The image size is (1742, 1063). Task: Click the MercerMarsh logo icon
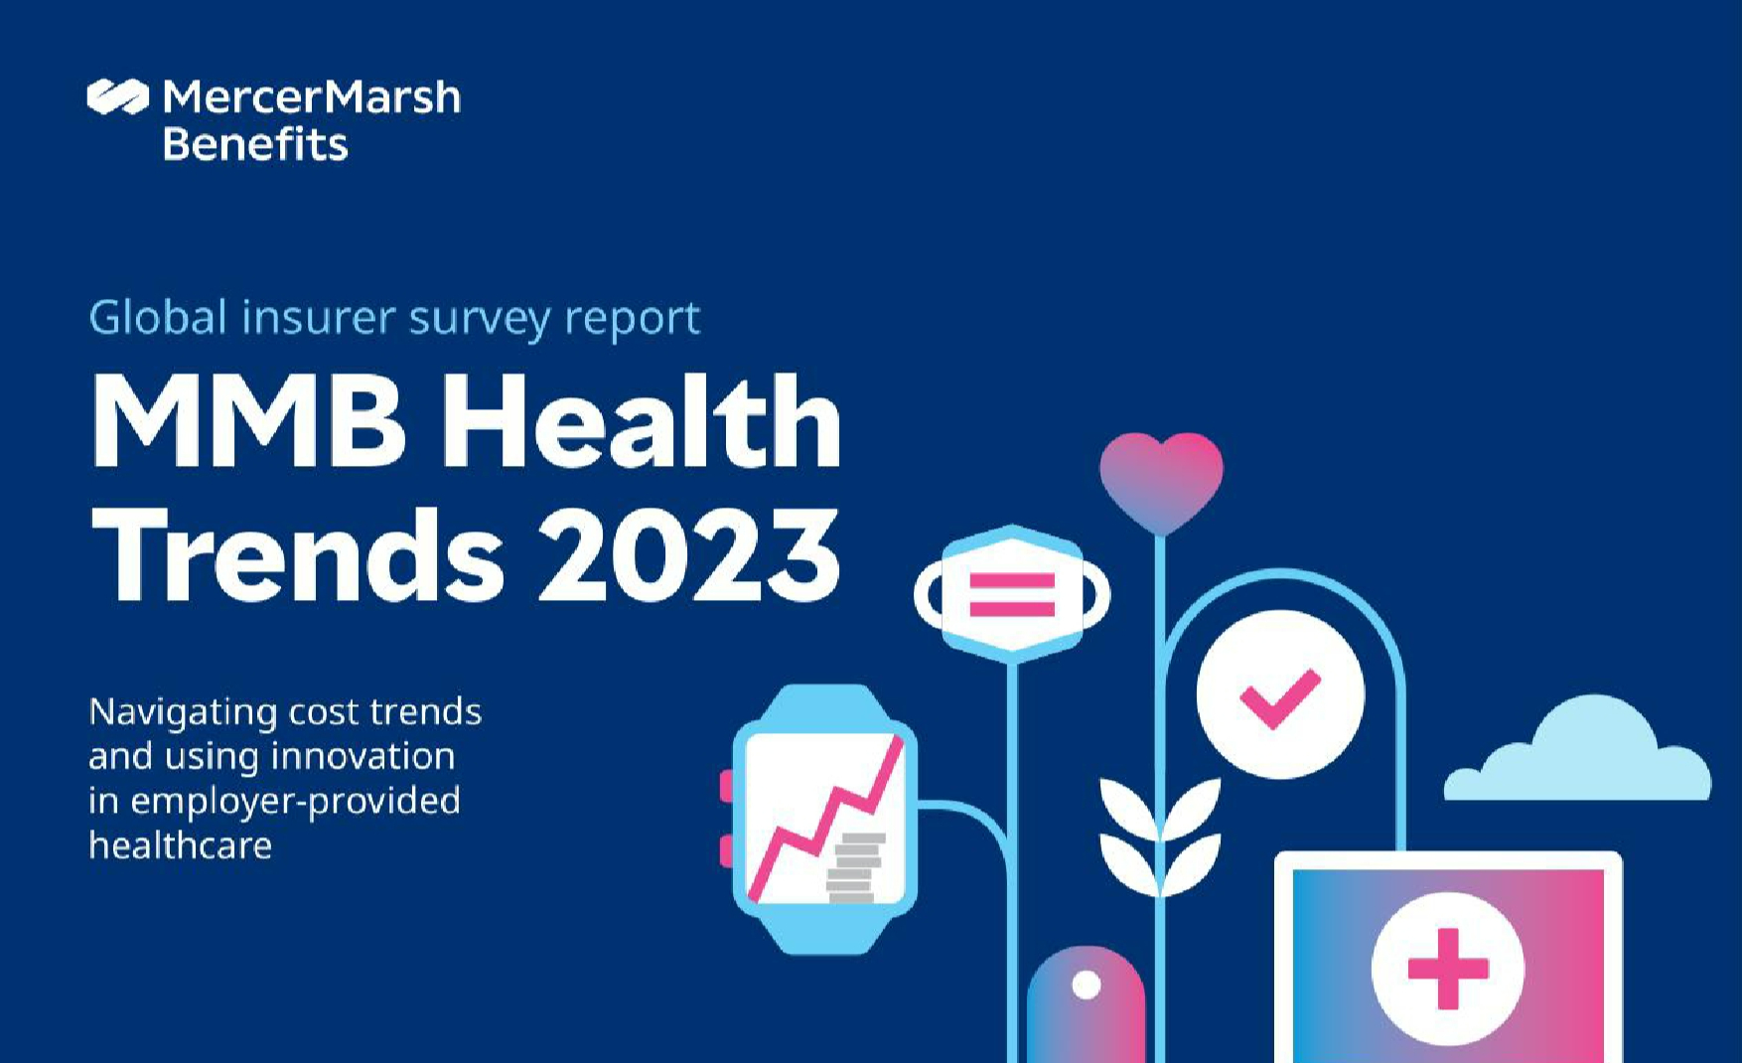pos(117,96)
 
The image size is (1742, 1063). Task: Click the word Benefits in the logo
pos(255,144)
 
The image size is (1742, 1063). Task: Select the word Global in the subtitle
pos(158,317)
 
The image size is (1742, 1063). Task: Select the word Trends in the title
pos(298,553)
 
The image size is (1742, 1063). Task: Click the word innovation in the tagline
pos(363,756)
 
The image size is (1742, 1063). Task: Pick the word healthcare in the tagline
pos(180,844)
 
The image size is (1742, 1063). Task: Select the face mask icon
pos(1012,594)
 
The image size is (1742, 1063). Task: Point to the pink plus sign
pos(1448,969)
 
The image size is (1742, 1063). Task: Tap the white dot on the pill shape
pos(1087,985)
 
